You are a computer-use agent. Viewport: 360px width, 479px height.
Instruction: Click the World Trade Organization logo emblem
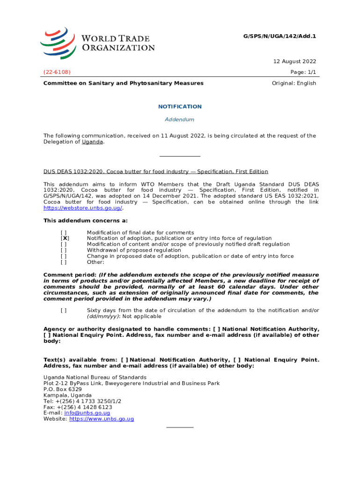[58, 43]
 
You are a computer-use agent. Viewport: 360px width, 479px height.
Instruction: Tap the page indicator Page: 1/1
[303, 73]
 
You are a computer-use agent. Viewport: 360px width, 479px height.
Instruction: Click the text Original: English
[294, 83]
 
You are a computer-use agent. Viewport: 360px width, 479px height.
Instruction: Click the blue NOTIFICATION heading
[180, 107]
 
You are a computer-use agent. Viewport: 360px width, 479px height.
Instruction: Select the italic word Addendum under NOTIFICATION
[180, 120]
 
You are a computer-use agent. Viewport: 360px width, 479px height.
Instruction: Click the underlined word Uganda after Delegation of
[93, 142]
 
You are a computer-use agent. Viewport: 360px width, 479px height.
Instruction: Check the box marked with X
[64, 239]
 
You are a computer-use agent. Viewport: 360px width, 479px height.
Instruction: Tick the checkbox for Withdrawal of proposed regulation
[64, 250]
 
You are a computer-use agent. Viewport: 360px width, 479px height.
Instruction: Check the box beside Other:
[64, 262]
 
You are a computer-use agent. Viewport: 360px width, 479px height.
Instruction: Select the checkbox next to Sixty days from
[64, 310]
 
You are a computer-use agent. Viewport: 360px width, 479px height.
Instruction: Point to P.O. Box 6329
[63, 389]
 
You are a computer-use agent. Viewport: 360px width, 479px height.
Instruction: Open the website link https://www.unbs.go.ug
[101, 419]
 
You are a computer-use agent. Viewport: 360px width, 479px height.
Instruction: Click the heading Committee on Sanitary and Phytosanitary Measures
[123, 83]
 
